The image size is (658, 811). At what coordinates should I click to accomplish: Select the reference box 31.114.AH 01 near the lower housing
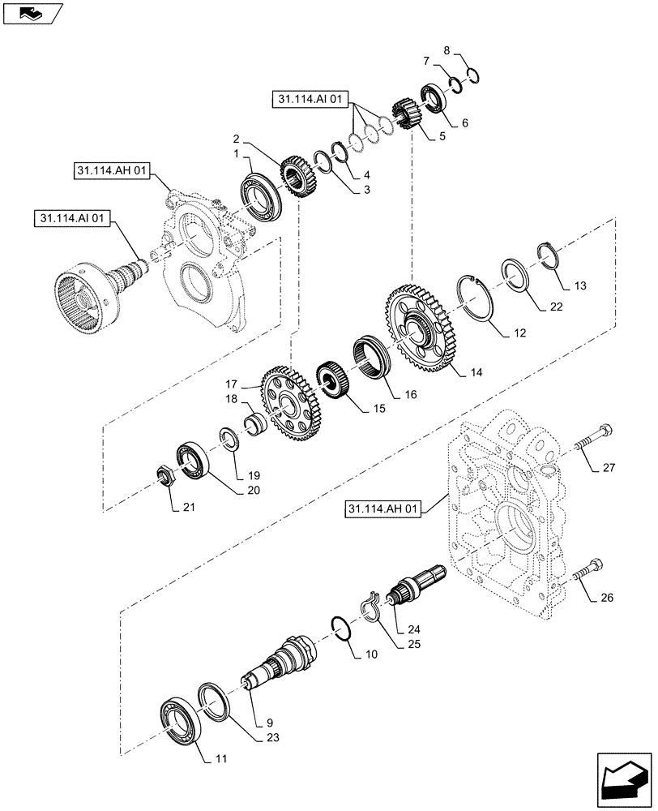383,509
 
